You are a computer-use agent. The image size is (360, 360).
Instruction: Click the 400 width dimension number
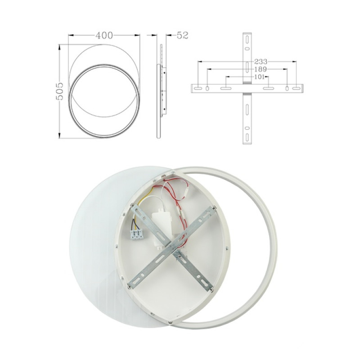pyautogui.click(x=104, y=35)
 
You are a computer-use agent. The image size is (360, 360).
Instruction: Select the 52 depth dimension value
pyautogui.click(x=182, y=35)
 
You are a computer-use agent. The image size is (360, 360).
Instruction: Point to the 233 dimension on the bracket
pyautogui.click(x=261, y=62)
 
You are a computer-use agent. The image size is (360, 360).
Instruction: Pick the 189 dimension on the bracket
pyautogui.click(x=260, y=69)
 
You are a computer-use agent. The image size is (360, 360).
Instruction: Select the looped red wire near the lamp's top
pyautogui.click(x=173, y=189)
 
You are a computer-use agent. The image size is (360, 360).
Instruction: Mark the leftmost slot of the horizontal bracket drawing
pyautogui.click(x=198, y=88)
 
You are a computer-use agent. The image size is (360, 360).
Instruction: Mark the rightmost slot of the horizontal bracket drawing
pyautogui.click(x=296, y=88)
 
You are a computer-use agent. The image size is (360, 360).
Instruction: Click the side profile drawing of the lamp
pyautogui.click(x=160, y=90)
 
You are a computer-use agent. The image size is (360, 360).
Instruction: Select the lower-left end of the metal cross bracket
pyautogui.click(x=133, y=283)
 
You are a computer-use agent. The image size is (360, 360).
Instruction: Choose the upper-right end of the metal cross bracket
pyautogui.click(x=211, y=211)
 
